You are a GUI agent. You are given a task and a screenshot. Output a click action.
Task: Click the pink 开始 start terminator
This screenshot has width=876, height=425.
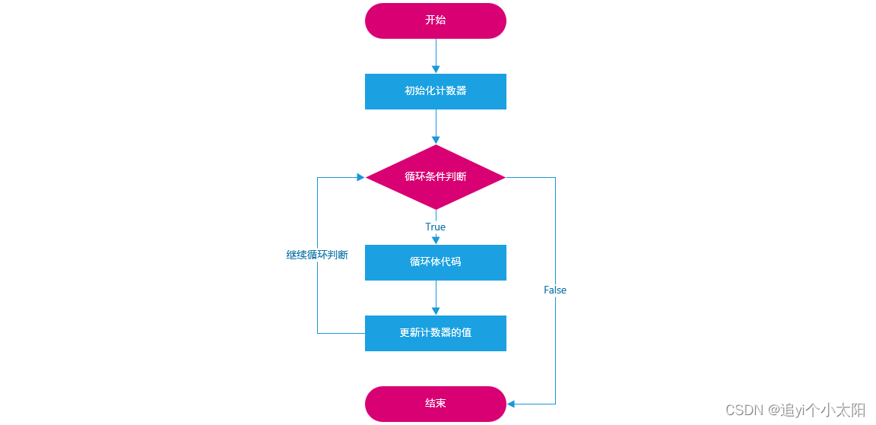[x=436, y=21]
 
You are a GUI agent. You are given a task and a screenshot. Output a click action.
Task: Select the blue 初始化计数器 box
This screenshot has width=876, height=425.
[x=436, y=91]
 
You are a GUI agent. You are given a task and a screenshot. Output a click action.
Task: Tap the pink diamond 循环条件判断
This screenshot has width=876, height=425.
[x=436, y=177]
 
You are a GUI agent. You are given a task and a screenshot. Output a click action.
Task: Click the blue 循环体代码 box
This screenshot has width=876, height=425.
[x=436, y=262]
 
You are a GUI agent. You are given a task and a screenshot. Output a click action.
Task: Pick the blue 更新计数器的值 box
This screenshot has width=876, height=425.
[x=436, y=333]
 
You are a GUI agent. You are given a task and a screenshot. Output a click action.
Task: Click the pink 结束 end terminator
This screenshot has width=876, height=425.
[x=436, y=404]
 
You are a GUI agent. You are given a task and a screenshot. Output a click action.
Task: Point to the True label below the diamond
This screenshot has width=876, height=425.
[x=436, y=227]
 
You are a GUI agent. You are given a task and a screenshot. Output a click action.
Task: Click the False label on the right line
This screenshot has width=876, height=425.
[x=555, y=290]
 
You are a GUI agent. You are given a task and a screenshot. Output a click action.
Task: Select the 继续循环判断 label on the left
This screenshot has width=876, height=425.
[x=317, y=255]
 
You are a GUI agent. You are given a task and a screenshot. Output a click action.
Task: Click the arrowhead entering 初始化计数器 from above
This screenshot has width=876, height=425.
[x=436, y=69]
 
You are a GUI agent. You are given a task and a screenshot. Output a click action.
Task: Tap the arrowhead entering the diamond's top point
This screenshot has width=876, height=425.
[x=436, y=140]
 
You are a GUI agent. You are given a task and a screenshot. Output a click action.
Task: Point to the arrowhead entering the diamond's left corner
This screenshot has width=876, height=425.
[x=361, y=177]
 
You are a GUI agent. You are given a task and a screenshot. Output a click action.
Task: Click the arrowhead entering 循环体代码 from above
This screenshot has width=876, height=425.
[x=436, y=240]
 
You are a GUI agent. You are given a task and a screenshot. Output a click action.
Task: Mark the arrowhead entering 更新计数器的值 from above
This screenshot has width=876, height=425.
[x=436, y=311]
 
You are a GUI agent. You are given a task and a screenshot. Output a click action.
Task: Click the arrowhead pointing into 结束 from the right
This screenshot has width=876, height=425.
[x=511, y=404]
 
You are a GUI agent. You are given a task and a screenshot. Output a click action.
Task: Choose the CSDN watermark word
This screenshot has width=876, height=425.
[x=744, y=411]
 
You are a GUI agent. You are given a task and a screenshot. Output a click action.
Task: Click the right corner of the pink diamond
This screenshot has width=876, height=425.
[x=505, y=177]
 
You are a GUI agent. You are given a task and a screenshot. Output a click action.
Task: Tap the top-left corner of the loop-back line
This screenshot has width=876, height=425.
[x=317, y=177]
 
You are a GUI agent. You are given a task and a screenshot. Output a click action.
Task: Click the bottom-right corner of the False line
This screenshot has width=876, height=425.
[x=555, y=404]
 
